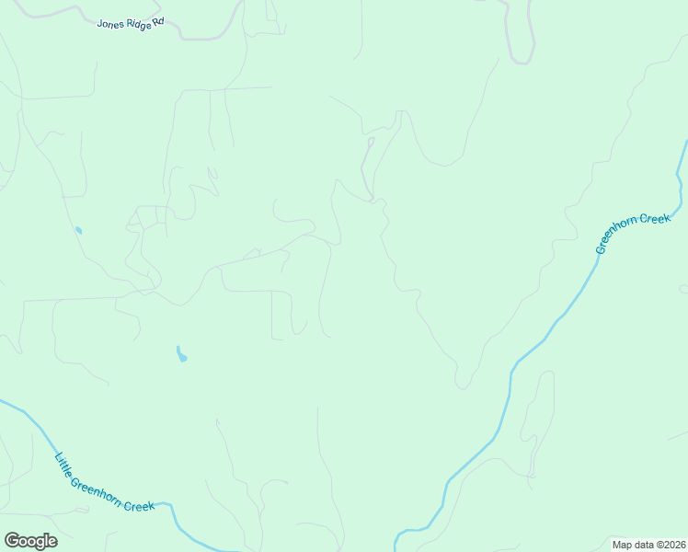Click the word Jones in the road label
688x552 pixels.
pyautogui.click(x=110, y=22)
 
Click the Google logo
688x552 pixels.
pyautogui.click(x=30, y=541)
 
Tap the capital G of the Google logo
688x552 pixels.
pyautogui.click(x=11, y=541)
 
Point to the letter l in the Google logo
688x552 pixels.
pyautogui.click(x=45, y=540)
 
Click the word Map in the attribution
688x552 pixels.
pyautogui.click(x=622, y=545)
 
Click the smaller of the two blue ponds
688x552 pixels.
pyautogui.click(x=78, y=230)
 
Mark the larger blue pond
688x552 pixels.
pyautogui.click(x=181, y=354)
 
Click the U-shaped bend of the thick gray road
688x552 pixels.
pyautogui.click(x=522, y=61)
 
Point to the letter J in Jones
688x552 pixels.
pyautogui.click(x=99, y=24)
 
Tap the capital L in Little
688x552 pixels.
pyautogui.click(x=57, y=457)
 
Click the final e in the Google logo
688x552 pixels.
pyautogui.click(x=52, y=542)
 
